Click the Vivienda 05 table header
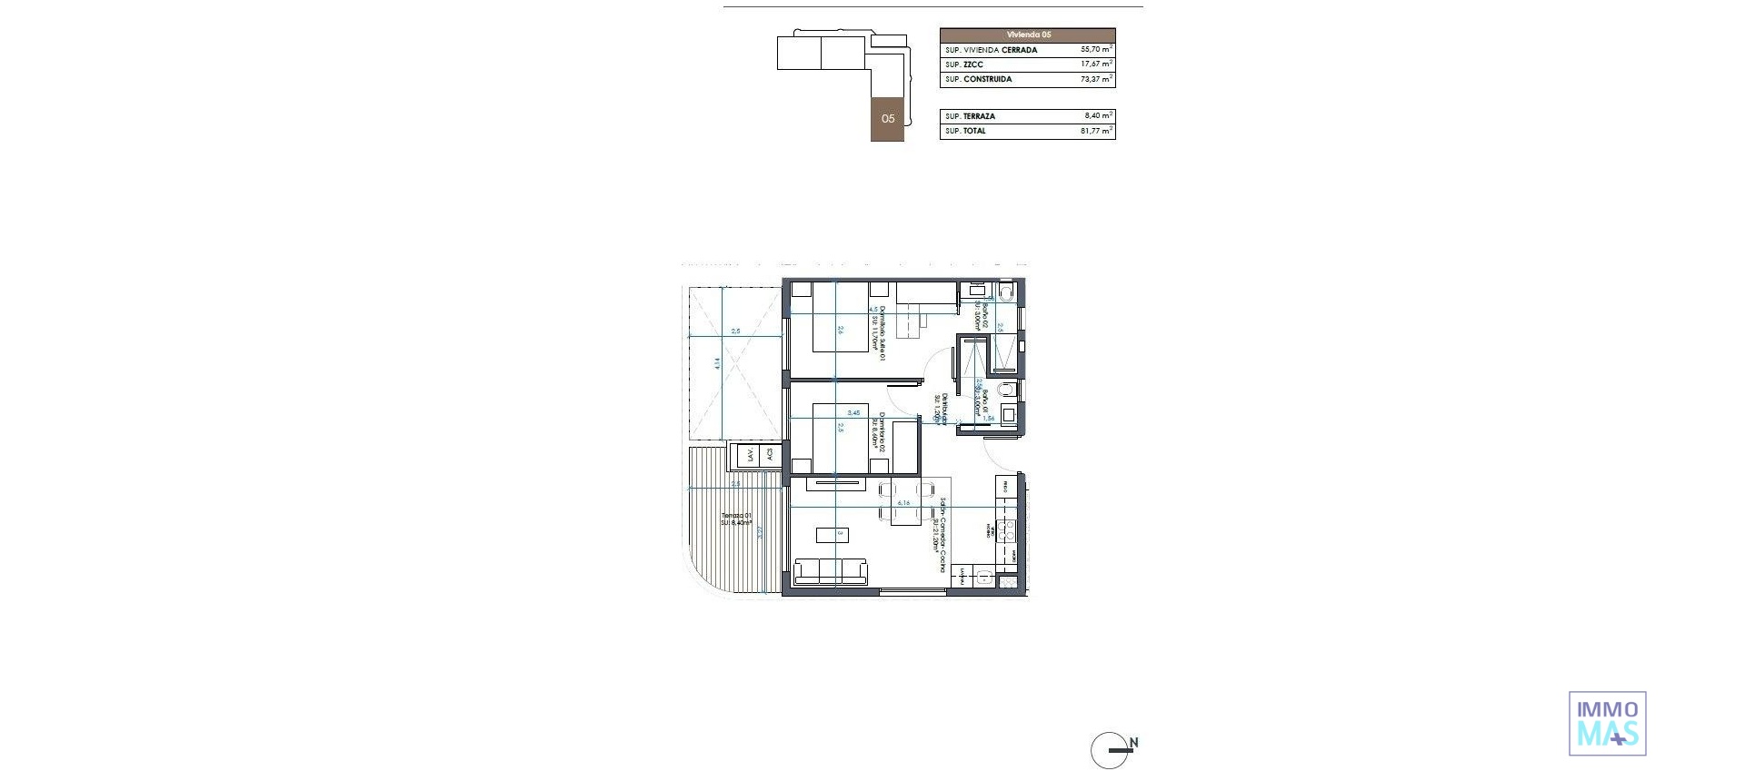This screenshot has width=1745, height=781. (1027, 35)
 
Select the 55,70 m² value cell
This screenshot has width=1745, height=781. (1096, 50)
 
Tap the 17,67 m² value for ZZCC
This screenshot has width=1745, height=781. (1096, 64)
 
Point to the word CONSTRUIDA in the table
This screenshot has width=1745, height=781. (988, 80)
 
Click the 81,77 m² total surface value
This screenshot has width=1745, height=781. (1096, 131)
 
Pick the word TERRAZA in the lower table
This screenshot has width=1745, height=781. (979, 116)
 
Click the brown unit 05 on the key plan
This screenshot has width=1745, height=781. (888, 119)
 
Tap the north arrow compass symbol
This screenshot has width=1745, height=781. (1111, 749)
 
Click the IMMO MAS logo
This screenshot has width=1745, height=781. (1607, 724)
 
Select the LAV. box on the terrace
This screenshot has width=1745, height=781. (751, 455)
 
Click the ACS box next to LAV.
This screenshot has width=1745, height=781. (770, 454)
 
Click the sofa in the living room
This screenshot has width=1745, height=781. (831, 571)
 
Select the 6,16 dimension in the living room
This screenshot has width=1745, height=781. (903, 502)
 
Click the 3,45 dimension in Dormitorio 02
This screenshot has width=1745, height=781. (853, 412)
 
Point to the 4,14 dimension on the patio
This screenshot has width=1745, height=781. (717, 362)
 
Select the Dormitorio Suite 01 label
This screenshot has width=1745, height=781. (880, 332)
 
